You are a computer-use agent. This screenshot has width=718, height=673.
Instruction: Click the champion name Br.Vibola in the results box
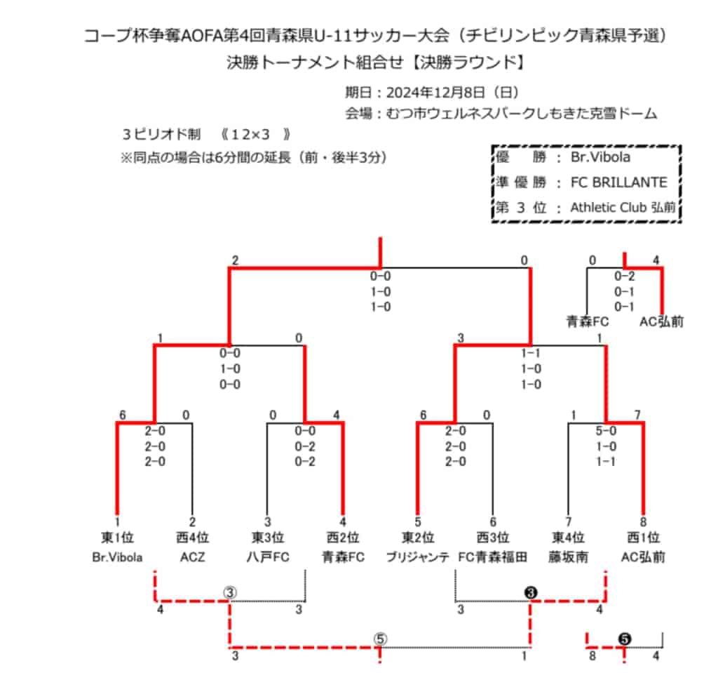(x=600, y=157)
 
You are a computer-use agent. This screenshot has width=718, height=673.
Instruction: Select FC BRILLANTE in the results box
(x=618, y=182)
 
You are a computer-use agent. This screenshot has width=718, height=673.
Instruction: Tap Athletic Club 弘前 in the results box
(x=623, y=208)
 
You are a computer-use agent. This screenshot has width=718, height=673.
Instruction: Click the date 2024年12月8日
(x=435, y=93)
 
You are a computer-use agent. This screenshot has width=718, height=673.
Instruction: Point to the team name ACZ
(x=192, y=557)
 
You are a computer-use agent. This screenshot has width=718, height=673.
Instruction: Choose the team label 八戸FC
(x=268, y=557)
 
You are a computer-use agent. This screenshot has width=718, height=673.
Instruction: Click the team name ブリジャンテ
(x=418, y=557)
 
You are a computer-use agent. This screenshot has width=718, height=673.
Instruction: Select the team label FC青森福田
(x=493, y=557)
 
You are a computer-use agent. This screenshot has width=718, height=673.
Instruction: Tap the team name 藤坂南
(x=568, y=557)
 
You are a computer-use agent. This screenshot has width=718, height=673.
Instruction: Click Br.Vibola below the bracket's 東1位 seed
(x=117, y=557)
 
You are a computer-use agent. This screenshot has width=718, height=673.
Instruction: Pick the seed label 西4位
(x=192, y=538)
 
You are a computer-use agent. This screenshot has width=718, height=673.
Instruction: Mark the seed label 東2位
(x=418, y=538)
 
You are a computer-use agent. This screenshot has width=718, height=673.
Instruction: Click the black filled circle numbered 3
(x=531, y=593)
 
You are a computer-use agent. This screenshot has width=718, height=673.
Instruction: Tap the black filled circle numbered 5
(x=625, y=639)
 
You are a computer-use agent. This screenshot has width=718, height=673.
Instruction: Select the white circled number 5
(x=380, y=639)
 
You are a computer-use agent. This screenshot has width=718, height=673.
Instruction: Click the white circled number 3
(x=230, y=593)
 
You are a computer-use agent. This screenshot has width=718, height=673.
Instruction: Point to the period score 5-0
(x=606, y=431)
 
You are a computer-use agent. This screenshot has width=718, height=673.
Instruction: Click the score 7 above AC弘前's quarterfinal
(x=637, y=415)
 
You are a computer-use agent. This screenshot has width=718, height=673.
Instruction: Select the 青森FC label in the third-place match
(x=588, y=322)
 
